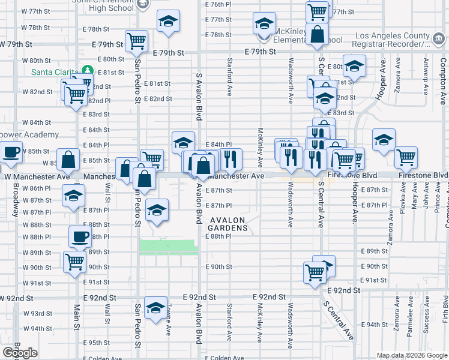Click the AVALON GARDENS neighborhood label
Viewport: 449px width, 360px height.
pos(228,224)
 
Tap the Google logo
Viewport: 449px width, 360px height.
pos(20,353)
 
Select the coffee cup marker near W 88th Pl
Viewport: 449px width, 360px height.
pos(80,236)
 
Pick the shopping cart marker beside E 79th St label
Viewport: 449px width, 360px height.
pos(137,41)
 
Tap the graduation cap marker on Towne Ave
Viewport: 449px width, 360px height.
pos(156,307)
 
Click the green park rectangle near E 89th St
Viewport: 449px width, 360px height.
pos(168,247)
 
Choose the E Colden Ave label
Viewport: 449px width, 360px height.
pos(227,358)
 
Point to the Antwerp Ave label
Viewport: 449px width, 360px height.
pos(426,77)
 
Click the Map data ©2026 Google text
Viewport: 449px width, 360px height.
pos(412,355)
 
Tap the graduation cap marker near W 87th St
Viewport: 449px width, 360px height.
pos(74,196)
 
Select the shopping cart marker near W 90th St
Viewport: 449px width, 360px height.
pos(75,262)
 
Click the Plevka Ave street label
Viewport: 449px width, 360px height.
pos(403,198)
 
